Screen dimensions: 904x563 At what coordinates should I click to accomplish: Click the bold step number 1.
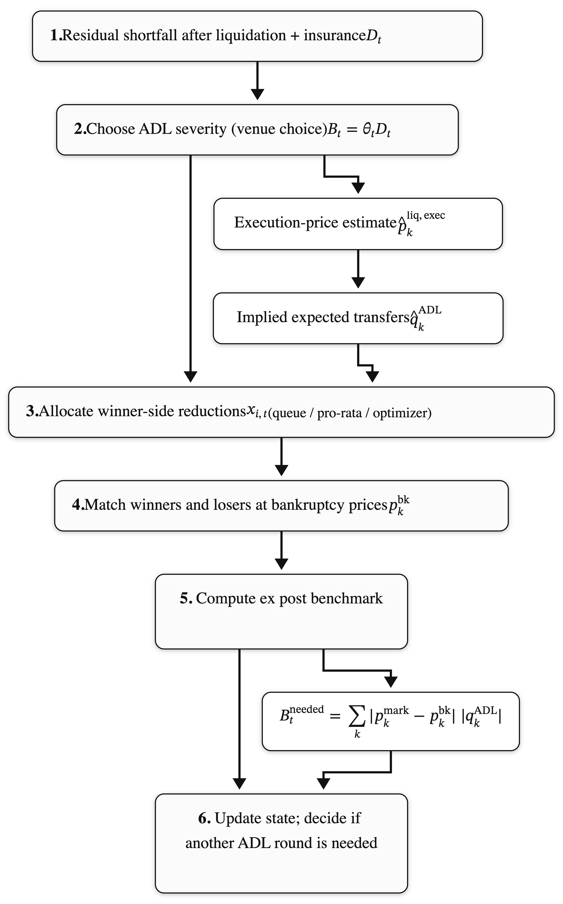click(55, 35)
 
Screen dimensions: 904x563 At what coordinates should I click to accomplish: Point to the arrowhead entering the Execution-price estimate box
click(358, 188)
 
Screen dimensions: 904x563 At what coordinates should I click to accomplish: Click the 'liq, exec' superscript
click(426, 215)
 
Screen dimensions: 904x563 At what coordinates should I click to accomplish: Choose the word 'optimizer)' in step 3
click(402, 413)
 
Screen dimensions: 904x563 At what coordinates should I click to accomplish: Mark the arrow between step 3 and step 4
click(281, 458)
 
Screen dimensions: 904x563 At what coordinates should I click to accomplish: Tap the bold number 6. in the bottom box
click(204, 818)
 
